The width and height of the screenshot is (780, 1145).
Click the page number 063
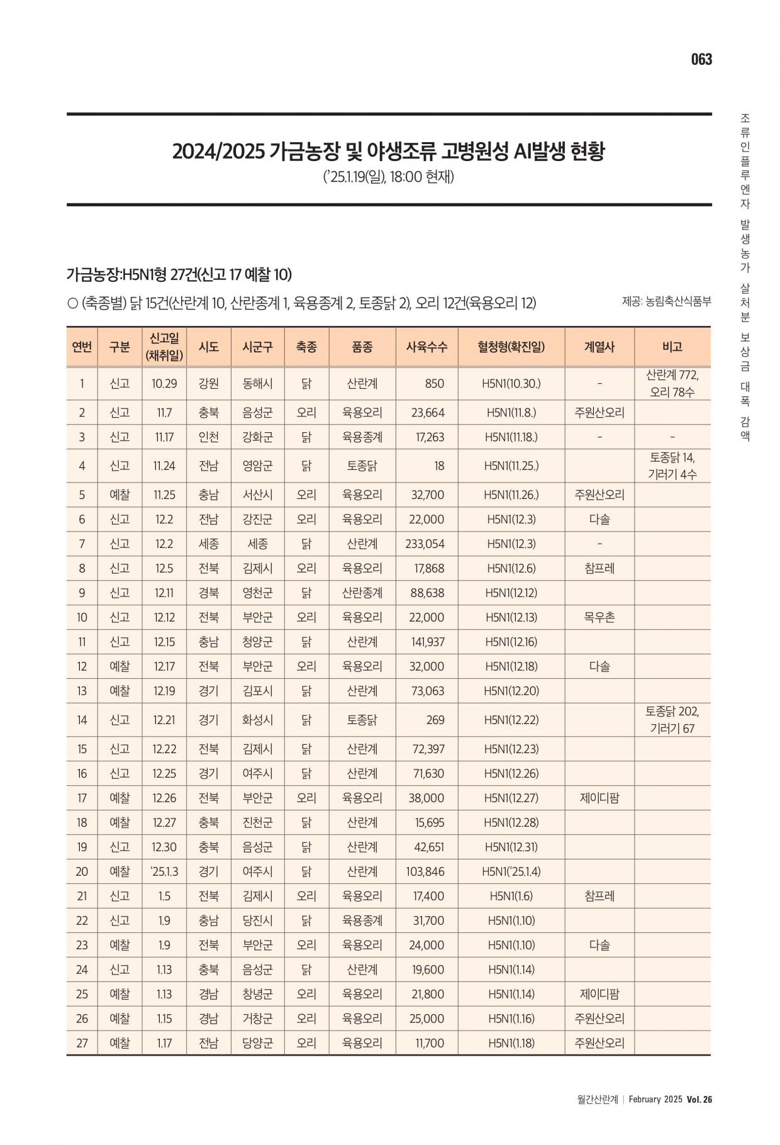click(x=701, y=59)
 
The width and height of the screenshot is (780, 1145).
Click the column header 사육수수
click(x=426, y=347)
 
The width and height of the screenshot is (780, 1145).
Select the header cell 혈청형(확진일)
click(x=511, y=347)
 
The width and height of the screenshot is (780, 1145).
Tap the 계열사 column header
click(x=599, y=347)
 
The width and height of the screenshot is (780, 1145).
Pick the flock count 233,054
click(x=425, y=544)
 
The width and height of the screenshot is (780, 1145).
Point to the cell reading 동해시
click(x=257, y=384)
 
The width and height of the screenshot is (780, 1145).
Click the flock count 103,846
click(x=425, y=871)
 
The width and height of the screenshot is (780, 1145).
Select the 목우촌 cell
click(x=599, y=617)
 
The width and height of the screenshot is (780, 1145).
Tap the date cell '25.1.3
click(x=164, y=871)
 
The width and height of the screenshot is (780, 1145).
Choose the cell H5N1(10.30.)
click(x=511, y=384)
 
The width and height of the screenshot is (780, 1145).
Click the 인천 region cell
click(x=208, y=437)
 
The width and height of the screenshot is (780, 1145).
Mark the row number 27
click(x=82, y=1042)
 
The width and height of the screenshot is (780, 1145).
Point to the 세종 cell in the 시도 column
click(x=208, y=544)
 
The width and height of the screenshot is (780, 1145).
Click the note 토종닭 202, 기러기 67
click(x=672, y=720)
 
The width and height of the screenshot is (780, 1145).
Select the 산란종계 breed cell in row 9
click(x=362, y=593)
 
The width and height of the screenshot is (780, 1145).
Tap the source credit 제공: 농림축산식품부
click(x=666, y=301)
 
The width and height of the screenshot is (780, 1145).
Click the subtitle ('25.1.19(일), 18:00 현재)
click(x=388, y=177)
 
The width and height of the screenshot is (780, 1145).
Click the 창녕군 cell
click(x=257, y=994)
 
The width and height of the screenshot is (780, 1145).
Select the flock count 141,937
click(x=425, y=642)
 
